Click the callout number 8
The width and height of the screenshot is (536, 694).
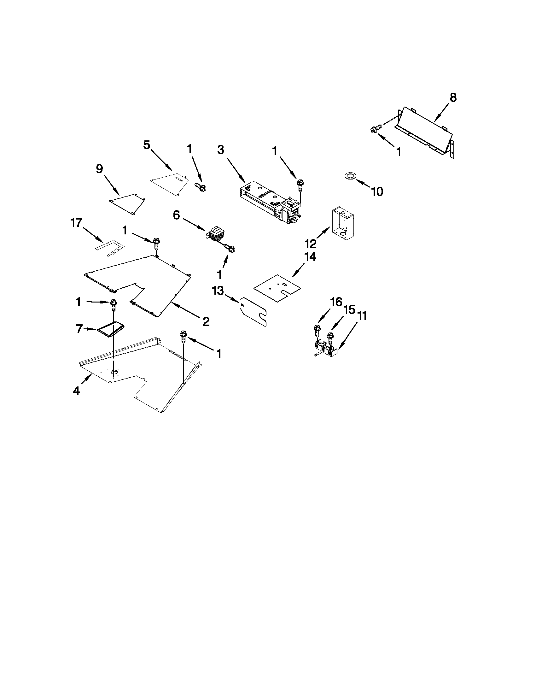[x=453, y=98]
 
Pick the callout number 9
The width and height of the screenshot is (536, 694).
[x=99, y=169]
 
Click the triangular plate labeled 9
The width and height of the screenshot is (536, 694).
[x=127, y=204]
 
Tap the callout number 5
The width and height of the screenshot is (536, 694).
[x=146, y=145]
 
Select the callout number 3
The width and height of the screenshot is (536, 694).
[x=221, y=150]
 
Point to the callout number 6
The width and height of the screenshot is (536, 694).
[x=177, y=215]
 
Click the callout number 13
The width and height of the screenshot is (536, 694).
[x=218, y=291]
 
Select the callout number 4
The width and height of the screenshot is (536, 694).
[x=76, y=391]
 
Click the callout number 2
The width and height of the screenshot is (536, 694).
[x=206, y=322]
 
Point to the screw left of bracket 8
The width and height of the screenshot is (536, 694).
[x=374, y=130]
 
